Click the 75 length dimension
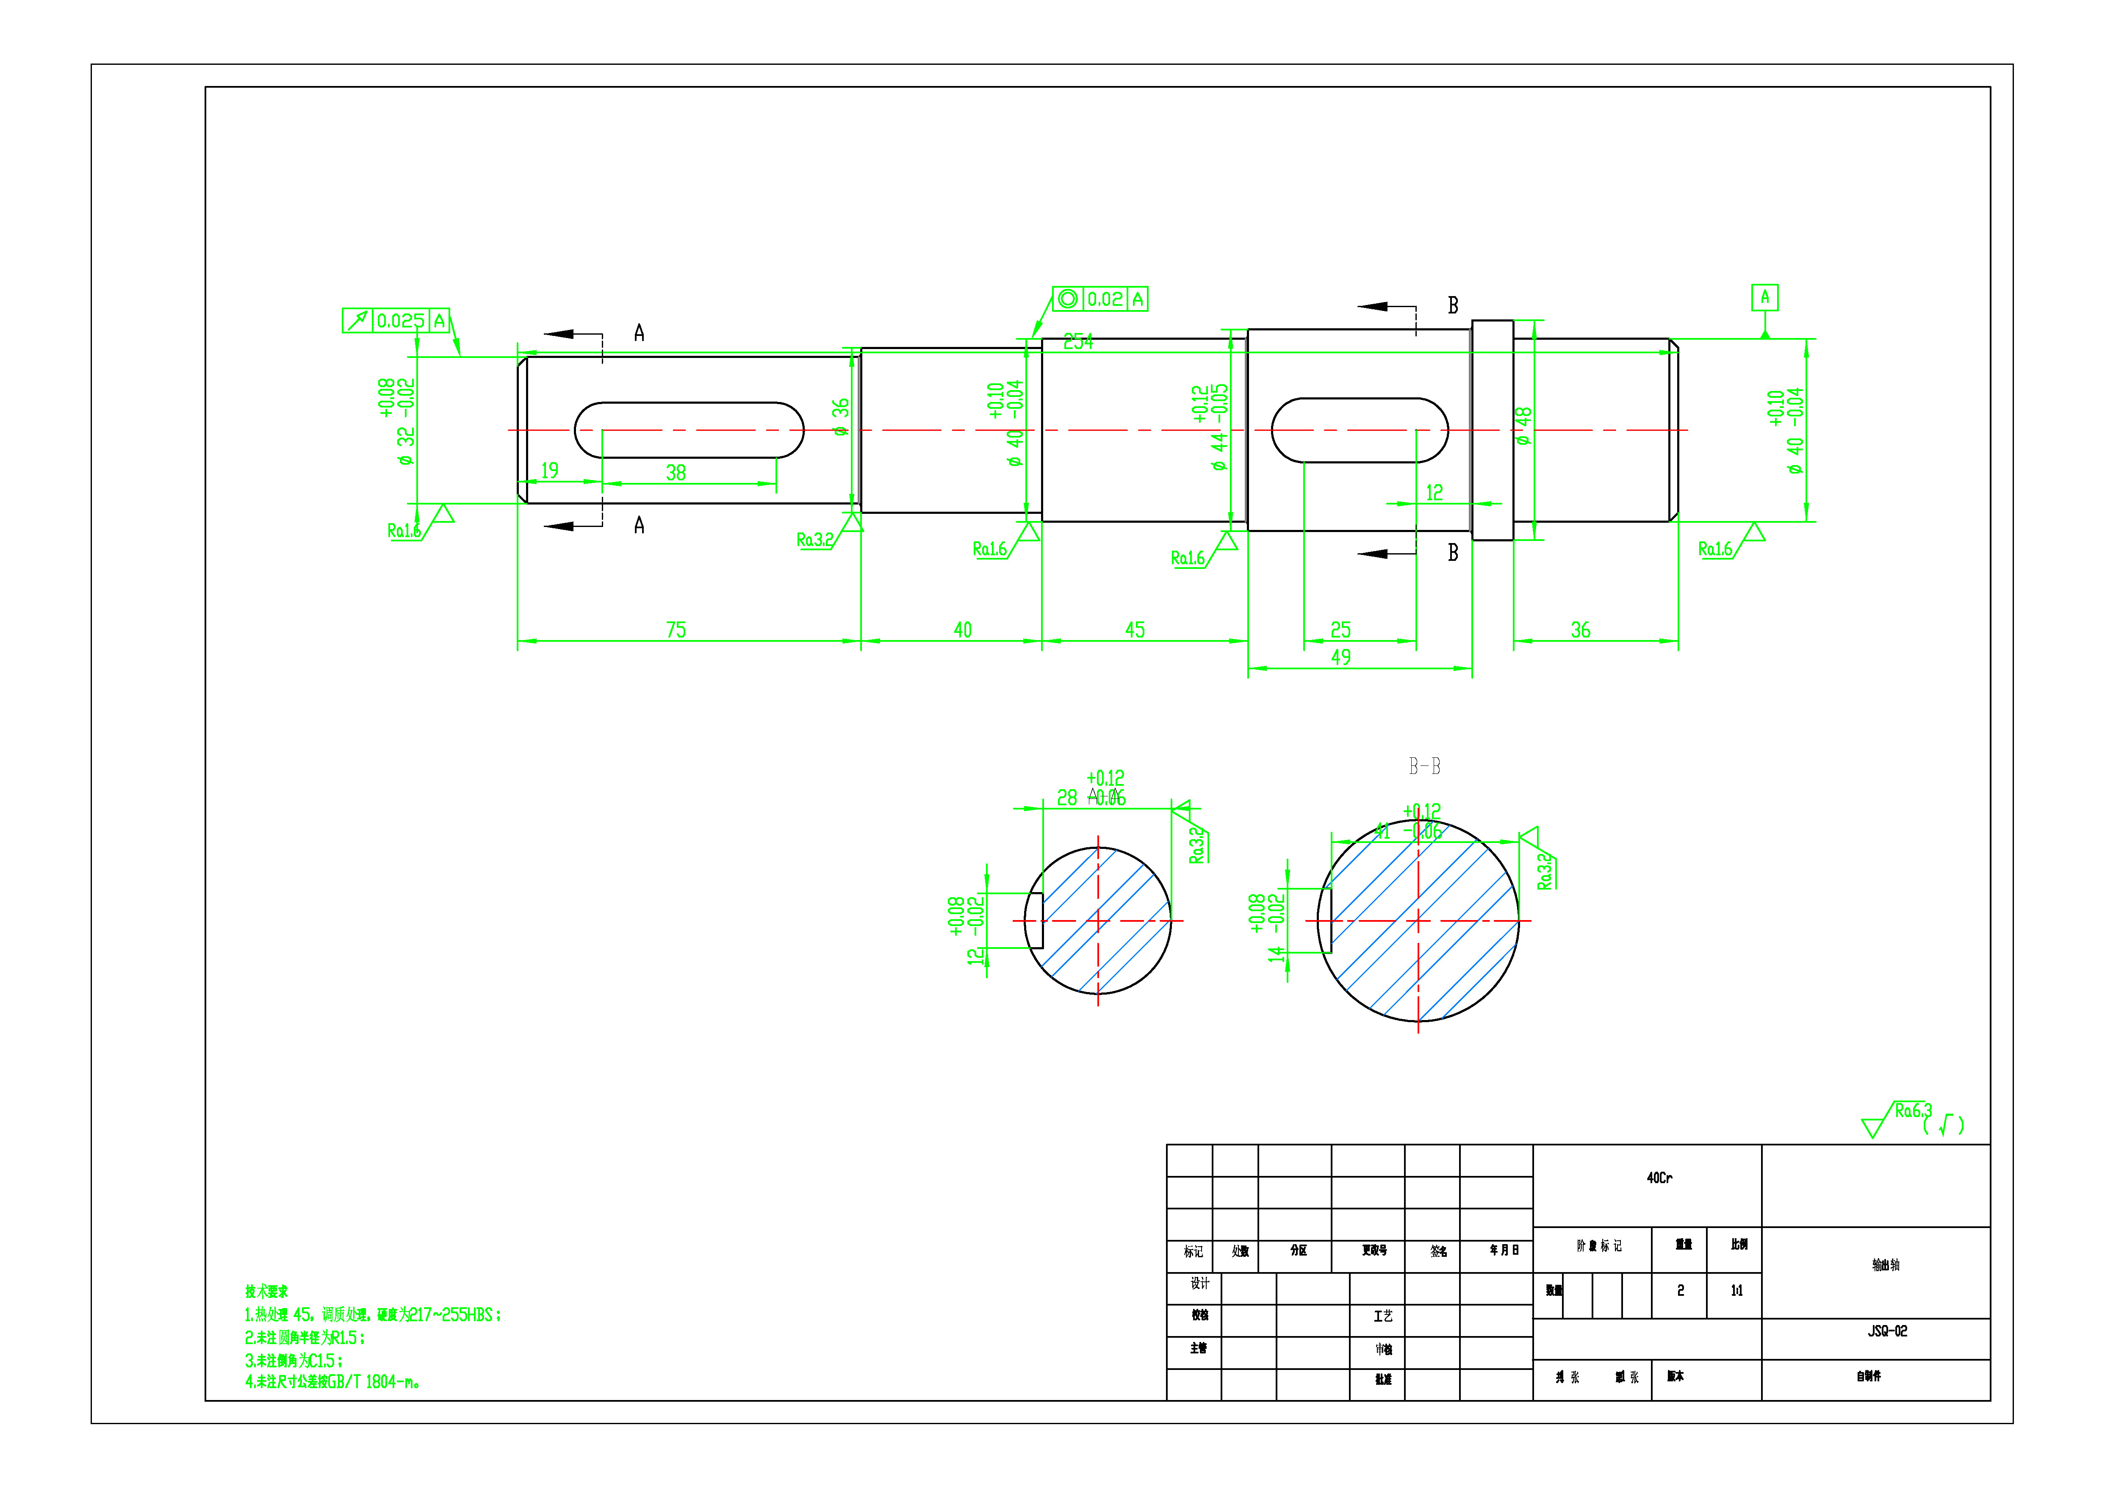(x=676, y=630)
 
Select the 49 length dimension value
(x=1340, y=657)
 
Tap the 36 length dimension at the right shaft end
(x=1580, y=630)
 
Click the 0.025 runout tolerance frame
(x=396, y=321)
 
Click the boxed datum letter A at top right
(x=1764, y=297)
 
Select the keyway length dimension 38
(x=676, y=472)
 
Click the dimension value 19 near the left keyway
(x=549, y=471)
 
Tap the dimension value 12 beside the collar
(x=1434, y=493)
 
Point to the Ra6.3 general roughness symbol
(x=1911, y=1112)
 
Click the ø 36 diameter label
(x=840, y=416)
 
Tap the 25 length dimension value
(x=1340, y=630)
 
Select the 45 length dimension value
(x=1134, y=630)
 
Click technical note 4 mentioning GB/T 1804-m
(x=332, y=1382)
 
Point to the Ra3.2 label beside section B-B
(x=1545, y=871)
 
